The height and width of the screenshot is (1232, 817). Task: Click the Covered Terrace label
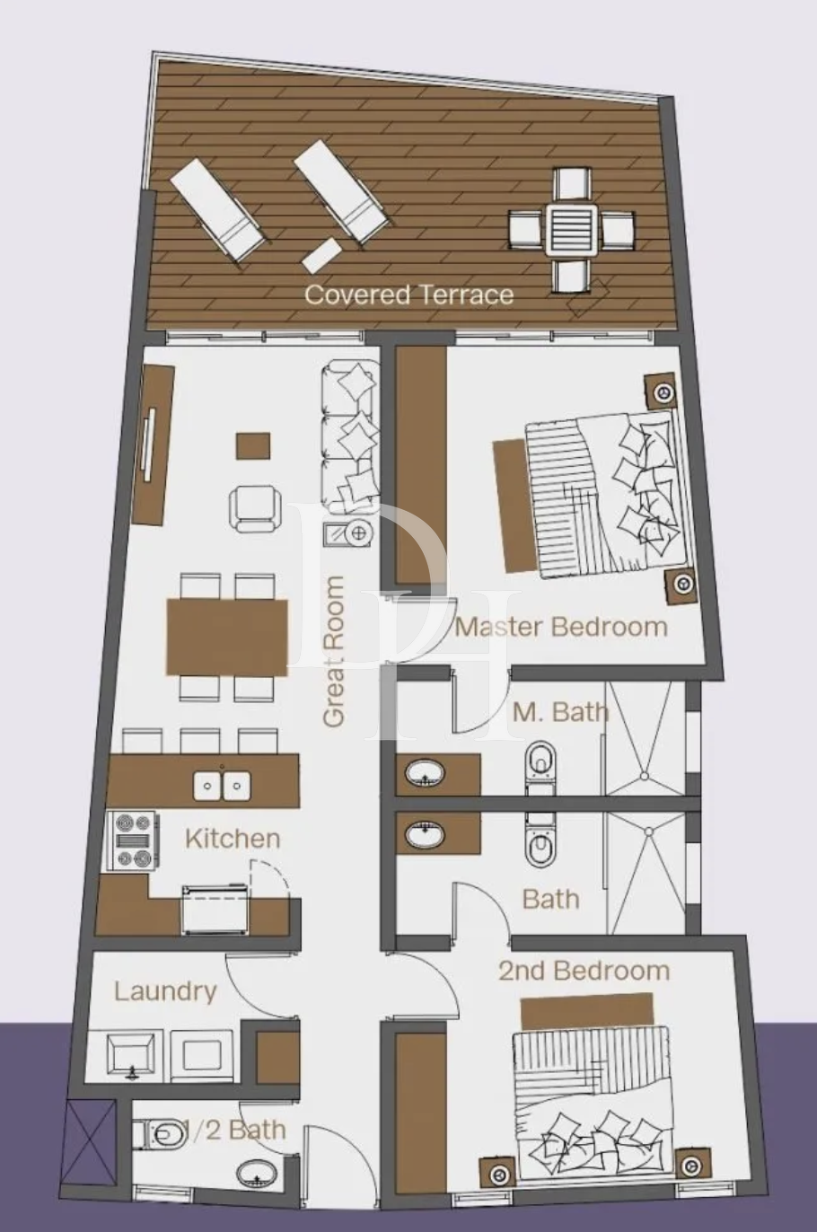pos(409,295)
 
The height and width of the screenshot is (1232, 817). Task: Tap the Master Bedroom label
pos(561,627)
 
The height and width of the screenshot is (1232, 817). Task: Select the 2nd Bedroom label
pos(584,971)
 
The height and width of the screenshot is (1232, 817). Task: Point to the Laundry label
pos(165,992)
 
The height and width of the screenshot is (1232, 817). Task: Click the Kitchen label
pos(233,839)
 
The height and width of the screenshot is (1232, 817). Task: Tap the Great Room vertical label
pos(334,652)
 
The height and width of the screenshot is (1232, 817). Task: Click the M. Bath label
pos(560,712)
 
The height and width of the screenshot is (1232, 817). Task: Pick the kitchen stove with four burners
pos(133,841)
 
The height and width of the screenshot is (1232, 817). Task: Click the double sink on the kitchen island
pos(222,786)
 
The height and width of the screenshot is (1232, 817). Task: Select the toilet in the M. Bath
pos(541,768)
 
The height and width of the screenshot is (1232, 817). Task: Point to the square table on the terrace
pos(572,229)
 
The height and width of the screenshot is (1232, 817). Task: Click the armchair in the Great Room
pos(255,509)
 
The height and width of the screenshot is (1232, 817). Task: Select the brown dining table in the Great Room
pos(227,638)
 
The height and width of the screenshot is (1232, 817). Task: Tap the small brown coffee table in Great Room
pos(253,445)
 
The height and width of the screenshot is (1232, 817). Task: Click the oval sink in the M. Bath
pos(426,773)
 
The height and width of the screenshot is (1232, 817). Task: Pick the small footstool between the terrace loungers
pos(322,256)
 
